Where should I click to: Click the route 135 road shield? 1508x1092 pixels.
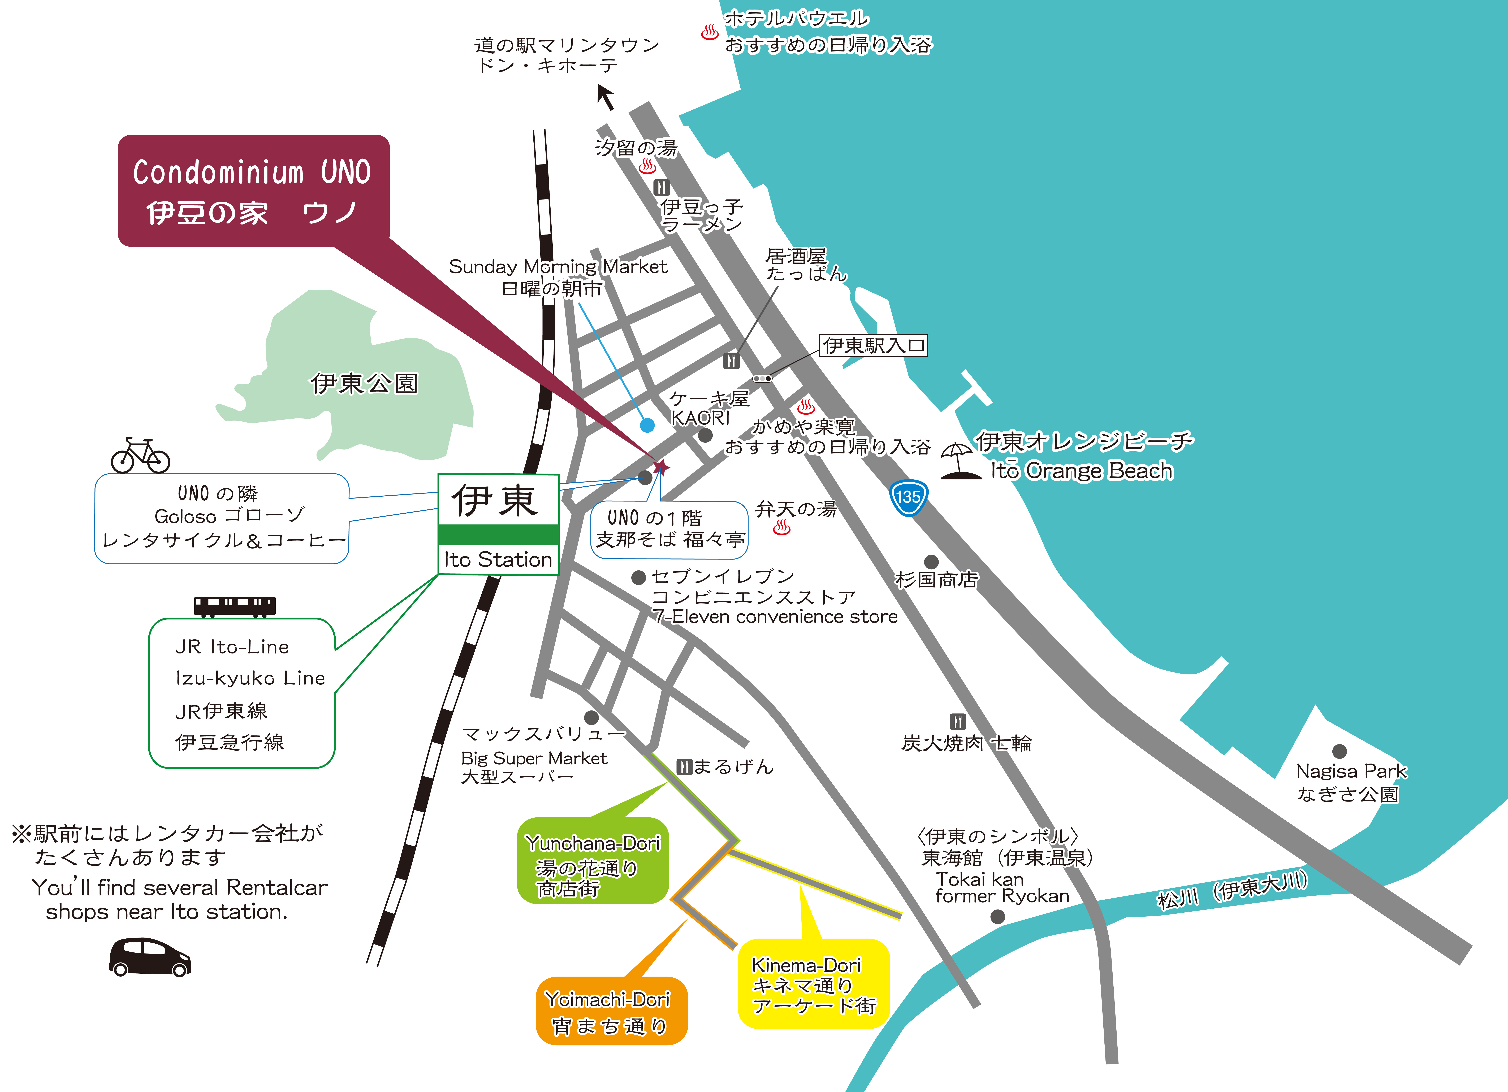[x=908, y=497]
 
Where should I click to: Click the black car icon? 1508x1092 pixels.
[x=150, y=957]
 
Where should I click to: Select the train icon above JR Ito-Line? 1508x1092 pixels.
[x=235, y=605]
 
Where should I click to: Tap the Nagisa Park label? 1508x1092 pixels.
[x=1351, y=771]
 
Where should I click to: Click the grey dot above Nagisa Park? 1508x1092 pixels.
[x=1340, y=751]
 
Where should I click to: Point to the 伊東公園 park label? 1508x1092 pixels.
[x=364, y=383]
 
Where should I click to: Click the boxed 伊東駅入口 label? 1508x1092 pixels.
[x=873, y=346]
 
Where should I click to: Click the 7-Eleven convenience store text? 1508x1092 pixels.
[x=775, y=617]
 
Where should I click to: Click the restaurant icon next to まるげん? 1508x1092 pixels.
[x=684, y=766]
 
